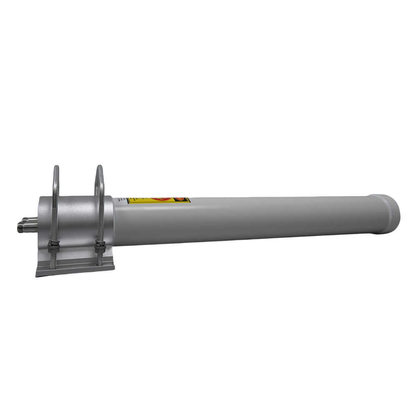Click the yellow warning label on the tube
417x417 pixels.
click(158, 201)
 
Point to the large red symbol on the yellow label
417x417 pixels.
click(160, 200)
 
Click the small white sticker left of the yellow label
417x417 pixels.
click(121, 201)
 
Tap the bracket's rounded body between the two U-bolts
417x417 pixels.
click(77, 213)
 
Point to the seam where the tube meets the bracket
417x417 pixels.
click(113, 221)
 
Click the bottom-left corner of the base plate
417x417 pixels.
click(36, 275)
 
